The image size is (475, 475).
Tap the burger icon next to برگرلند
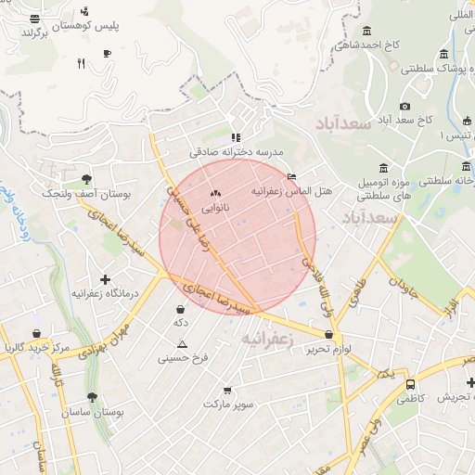(x=34, y=18)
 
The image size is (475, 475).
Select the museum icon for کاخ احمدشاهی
(x=367, y=32)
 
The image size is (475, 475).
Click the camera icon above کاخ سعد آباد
(x=404, y=107)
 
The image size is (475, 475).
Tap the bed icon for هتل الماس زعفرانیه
(x=292, y=176)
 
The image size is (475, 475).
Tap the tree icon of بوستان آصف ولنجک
(x=86, y=179)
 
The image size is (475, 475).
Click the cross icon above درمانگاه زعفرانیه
(x=105, y=278)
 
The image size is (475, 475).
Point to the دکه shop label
(x=180, y=323)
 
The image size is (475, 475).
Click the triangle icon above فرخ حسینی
(x=182, y=343)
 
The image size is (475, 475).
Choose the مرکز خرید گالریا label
(x=37, y=348)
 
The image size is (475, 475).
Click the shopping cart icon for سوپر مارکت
(x=227, y=391)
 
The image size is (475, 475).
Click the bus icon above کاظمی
(x=410, y=384)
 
